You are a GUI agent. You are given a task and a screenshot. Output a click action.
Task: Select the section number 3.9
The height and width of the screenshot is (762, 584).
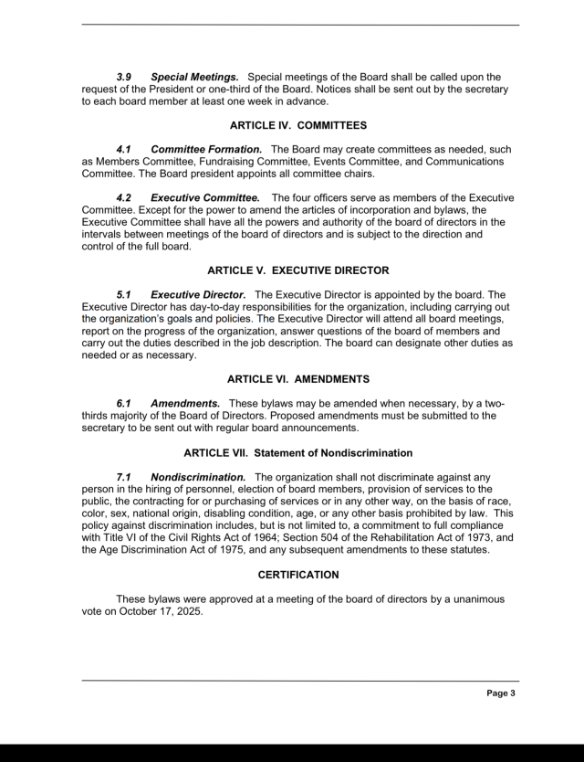124,77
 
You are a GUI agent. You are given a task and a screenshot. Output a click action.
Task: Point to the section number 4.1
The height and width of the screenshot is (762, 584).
124,149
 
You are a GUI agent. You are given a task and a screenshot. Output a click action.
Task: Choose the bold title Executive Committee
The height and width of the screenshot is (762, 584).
205,197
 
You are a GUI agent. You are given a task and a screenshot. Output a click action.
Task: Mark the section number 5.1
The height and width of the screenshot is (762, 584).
124,294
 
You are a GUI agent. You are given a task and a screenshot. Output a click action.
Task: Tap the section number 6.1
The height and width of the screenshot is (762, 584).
124,403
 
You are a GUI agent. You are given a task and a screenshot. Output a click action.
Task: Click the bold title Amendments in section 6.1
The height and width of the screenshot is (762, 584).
185,403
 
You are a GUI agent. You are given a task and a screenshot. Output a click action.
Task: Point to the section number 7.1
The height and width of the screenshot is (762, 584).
124,476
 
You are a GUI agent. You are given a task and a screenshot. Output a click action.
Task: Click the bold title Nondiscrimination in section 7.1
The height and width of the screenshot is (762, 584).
198,476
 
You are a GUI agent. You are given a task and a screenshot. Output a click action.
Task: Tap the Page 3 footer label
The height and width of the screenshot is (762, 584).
501,693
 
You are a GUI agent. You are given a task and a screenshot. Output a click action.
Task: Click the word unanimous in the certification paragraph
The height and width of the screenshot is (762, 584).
473,598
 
